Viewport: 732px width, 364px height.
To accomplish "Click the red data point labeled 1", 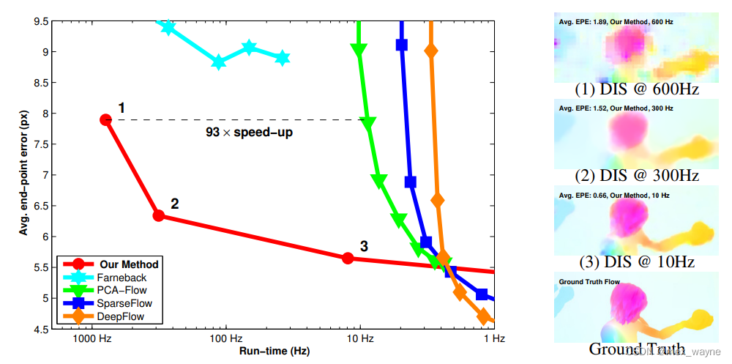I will point(105,119).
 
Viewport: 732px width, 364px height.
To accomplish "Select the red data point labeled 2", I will point(158,215).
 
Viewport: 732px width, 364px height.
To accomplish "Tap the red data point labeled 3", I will point(348,258).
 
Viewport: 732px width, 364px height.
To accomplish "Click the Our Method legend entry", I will point(129,264).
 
